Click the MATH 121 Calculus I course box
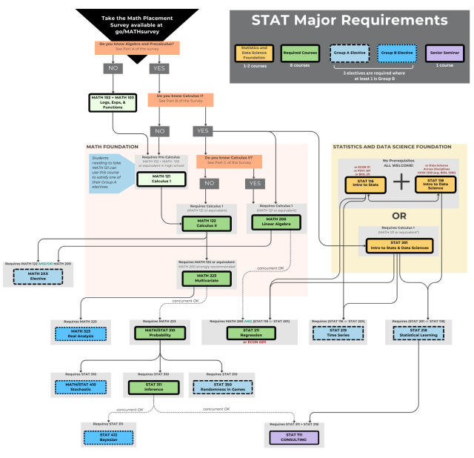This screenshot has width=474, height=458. coord(160,179)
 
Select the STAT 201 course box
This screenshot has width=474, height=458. coord(400,245)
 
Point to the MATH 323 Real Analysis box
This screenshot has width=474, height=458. coord(76,333)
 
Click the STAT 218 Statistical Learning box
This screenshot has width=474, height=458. coord(412,333)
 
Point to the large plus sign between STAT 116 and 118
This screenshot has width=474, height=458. coord(400,182)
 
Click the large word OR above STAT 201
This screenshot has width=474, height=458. coord(400,215)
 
